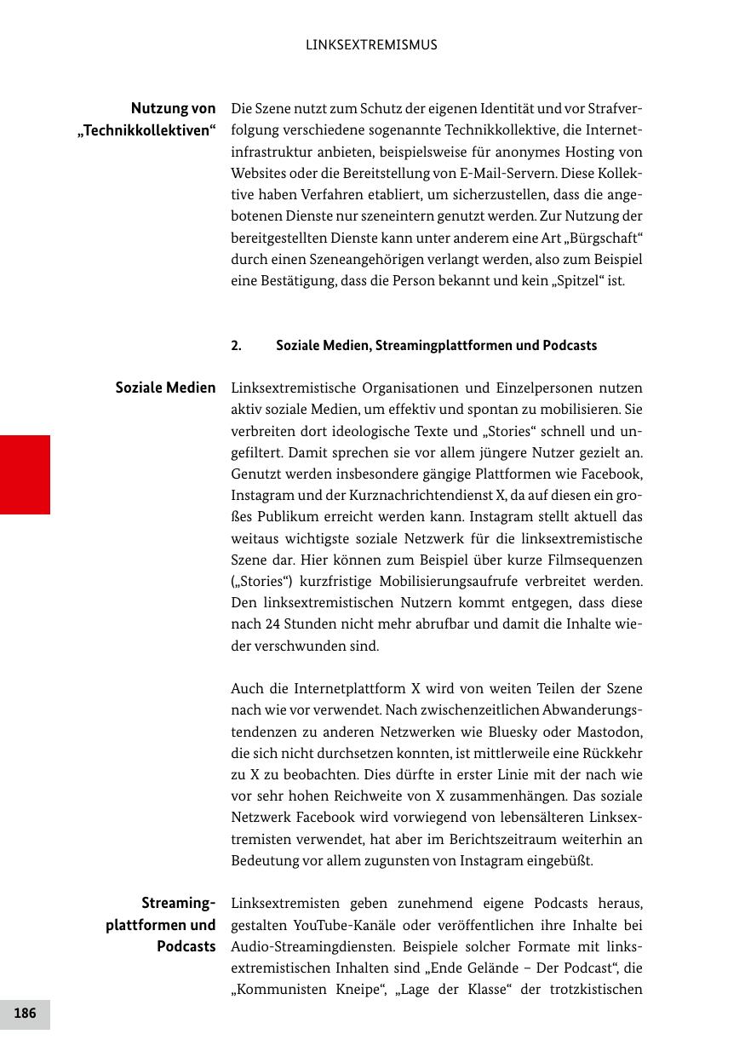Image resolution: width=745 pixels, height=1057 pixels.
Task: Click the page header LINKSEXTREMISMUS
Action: (371, 45)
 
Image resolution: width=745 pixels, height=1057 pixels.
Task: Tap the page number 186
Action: (25, 1014)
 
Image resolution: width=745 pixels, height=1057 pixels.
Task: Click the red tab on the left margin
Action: (25, 474)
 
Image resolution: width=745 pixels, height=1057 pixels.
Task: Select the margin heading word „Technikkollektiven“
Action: (146, 130)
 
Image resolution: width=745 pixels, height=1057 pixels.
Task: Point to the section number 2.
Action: (236, 346)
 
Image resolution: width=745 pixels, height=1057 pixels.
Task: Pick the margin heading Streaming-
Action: (178, 903)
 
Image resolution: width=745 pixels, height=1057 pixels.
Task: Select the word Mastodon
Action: (610, 732)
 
